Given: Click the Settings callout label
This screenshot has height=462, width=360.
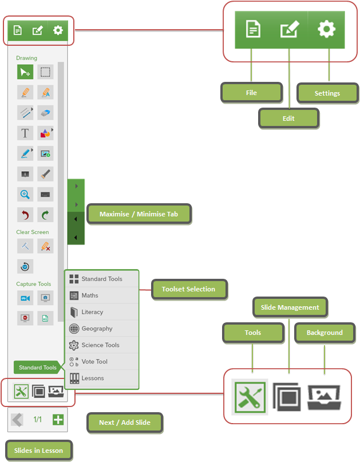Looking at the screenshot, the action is coord(327,93).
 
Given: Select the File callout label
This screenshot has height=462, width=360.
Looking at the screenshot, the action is coord(252,93).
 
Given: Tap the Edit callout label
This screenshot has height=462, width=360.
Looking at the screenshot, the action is coord(288,119).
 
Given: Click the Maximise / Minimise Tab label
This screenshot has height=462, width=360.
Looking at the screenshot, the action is coord(139,214).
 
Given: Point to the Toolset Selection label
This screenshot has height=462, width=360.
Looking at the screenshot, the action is coord(189,289).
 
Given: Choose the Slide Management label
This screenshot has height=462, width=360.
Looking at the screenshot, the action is coord(290,307).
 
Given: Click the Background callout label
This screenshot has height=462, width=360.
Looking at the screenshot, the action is coord(325,333).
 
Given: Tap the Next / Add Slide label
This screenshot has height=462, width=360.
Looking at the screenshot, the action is coord(125,422).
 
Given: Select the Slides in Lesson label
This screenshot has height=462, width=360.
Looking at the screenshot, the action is coord(38,451).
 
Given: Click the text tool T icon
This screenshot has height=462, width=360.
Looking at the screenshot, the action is coord(25,133).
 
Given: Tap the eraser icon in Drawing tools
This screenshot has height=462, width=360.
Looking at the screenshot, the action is coord(45,113).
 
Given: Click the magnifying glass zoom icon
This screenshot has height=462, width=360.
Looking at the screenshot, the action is coord(25,195).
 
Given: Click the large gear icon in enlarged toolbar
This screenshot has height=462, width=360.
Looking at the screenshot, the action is coord(326,29).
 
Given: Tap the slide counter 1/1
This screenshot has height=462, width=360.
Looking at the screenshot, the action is coord(37,419).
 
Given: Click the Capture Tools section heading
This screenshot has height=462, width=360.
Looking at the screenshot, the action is coord(34,284).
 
